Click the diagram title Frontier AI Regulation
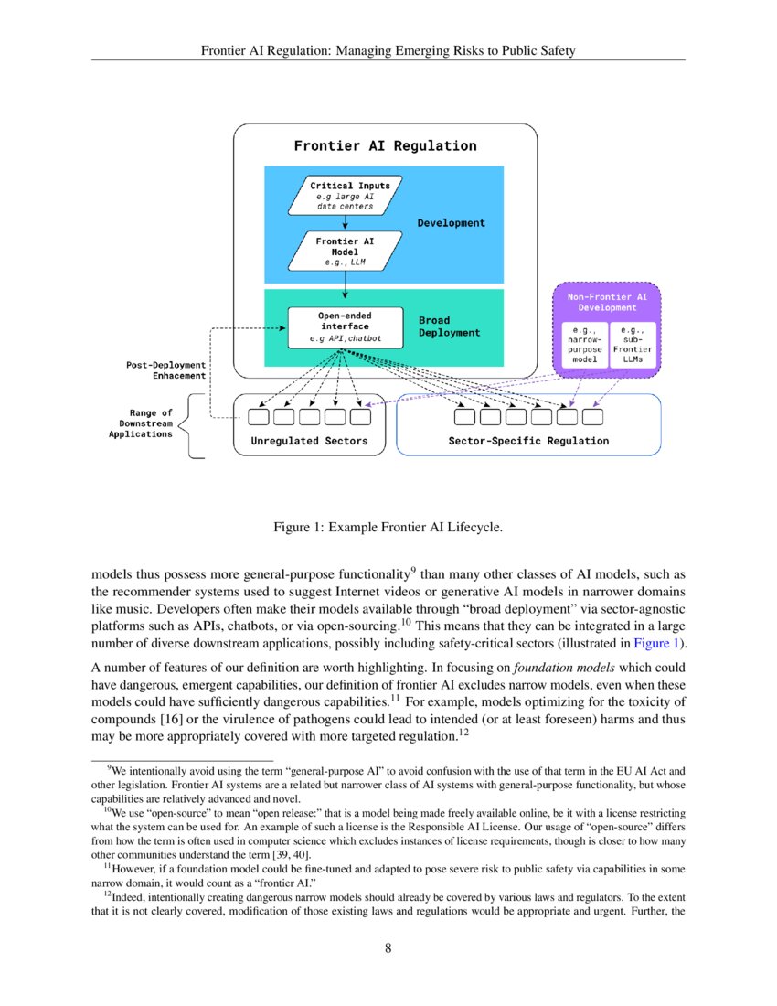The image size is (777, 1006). click(385, 145)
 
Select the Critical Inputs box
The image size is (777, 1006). click(345, 196)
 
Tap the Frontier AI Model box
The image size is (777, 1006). click(344, 251)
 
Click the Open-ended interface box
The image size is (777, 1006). click(344, 326)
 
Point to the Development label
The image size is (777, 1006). click(451, 222)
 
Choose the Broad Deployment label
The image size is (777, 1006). click(449, 326)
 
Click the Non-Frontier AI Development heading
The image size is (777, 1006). click(607, 302)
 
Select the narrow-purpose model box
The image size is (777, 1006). click(580, 345)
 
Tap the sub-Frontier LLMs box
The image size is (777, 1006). click(633, 345)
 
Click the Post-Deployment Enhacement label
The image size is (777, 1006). click(165, 370)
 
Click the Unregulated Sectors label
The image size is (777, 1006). click(309, 441)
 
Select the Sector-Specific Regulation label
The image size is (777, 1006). click(527, 441)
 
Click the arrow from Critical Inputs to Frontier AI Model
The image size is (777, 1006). click(345, 222)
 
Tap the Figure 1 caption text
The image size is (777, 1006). click(388, 528)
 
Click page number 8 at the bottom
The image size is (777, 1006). click(388, 948)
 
